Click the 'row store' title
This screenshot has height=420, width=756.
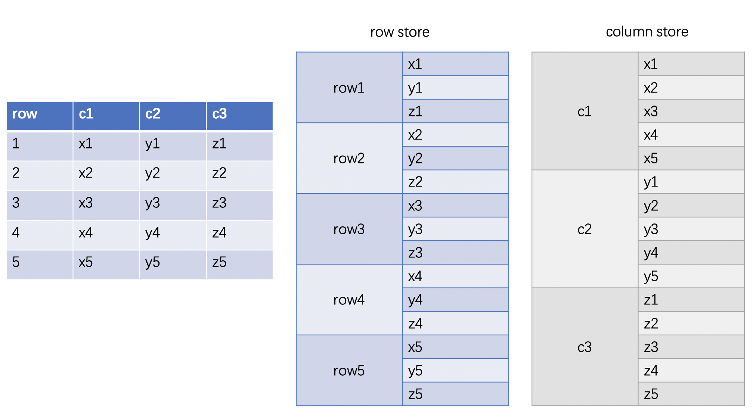400,32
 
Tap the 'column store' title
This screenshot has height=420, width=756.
647,32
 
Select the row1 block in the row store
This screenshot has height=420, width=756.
349,88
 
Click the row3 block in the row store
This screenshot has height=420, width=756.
349,229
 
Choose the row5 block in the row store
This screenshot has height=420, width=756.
349,370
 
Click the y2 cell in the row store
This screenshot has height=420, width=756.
455,158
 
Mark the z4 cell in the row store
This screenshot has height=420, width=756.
455,323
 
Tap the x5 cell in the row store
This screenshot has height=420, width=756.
455,347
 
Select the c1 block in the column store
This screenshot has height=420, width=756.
585,111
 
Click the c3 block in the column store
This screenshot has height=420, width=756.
585,347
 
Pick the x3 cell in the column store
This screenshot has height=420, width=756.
691,111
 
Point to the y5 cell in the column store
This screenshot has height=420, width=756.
691,276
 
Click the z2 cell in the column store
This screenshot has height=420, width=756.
691,323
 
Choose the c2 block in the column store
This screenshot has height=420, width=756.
585,229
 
